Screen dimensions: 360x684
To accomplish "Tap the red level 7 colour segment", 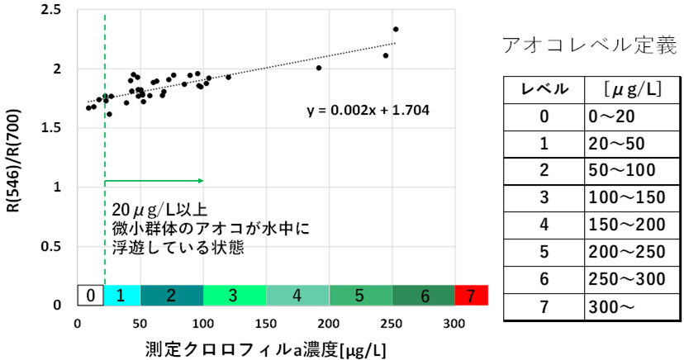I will tap(472, 294).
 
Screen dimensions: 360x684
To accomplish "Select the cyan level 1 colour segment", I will tap(122, 294).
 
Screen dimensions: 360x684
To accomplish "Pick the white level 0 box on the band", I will tap(91, 294).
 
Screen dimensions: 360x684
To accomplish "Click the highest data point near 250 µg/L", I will tap(396, 29).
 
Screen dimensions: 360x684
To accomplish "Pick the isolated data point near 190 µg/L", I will tap(319, 68).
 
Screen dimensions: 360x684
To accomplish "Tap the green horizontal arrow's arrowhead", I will tap(201, 179).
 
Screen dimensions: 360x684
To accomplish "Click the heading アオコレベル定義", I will tap(590, 46).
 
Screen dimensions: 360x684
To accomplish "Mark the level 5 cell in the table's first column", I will tap(543, 253).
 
